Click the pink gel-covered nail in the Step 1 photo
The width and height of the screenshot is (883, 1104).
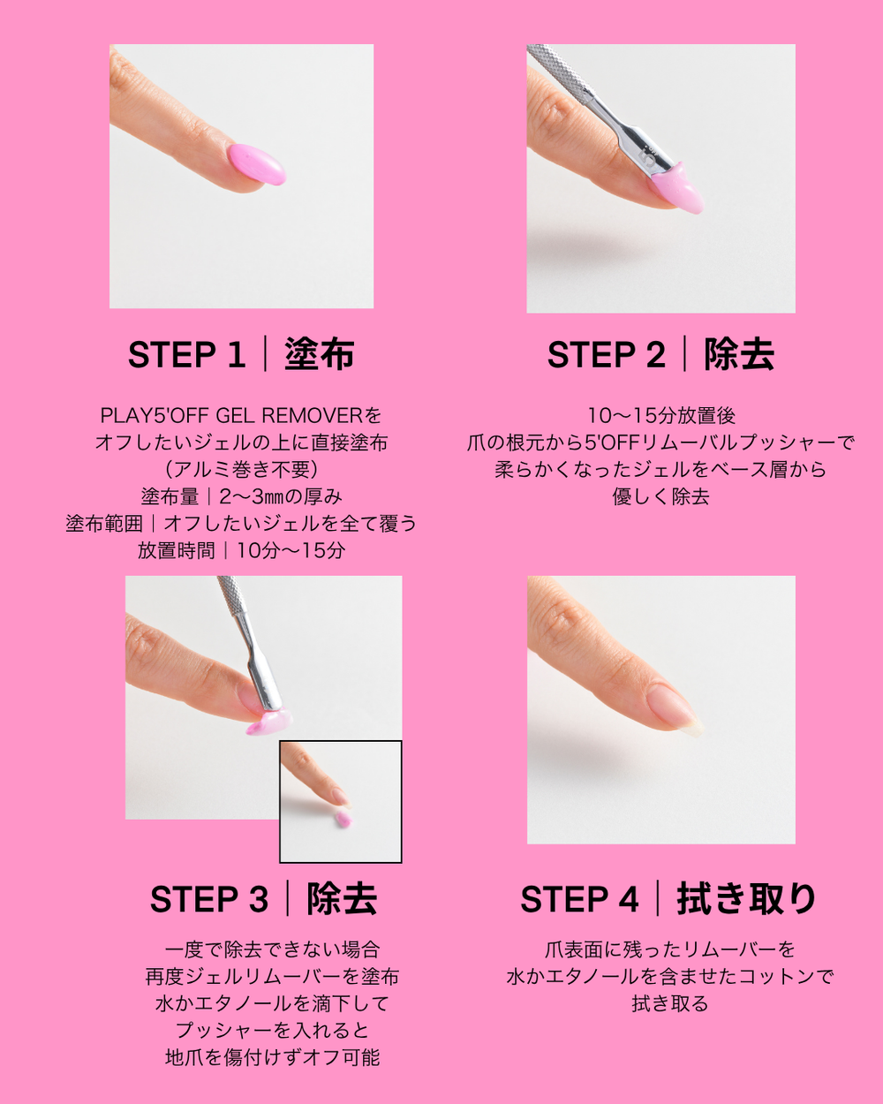click(257, 164)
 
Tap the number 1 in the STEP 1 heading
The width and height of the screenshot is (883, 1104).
click(236, 354)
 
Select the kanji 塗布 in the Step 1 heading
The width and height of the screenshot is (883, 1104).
click(320, 354)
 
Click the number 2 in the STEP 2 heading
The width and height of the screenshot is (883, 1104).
click(655, 354)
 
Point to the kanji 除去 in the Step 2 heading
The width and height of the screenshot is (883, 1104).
click(739, 354)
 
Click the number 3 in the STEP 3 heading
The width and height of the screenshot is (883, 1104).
click(259, 899)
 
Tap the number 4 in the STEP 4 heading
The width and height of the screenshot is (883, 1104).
click(629, 899)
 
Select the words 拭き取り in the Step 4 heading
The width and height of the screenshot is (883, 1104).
click(746, 898)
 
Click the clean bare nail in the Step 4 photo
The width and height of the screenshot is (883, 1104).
click(671, 706)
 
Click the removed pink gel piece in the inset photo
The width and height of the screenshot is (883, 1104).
click(343, 818)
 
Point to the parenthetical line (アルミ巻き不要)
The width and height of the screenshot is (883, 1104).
click(241, 469)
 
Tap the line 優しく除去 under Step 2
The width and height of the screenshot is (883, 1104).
click(660, 496)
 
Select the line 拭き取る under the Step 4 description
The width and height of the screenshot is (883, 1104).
click(670, 1004)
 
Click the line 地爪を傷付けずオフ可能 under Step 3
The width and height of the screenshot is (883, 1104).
click(273, 1058)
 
